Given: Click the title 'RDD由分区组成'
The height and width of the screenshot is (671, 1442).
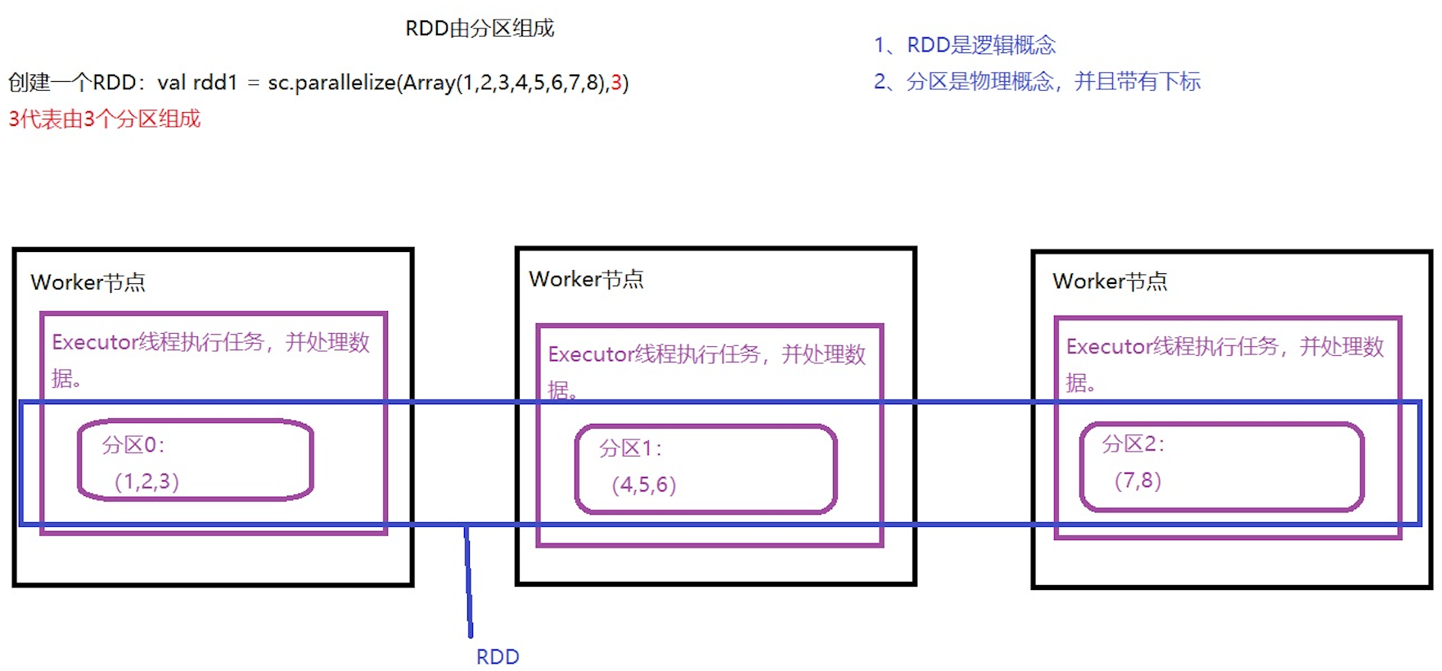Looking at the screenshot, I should pos(480,29).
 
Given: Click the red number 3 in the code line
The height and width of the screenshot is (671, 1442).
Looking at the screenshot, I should pos(616,83).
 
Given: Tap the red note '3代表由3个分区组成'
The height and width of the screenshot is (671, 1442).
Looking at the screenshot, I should pos(104,119).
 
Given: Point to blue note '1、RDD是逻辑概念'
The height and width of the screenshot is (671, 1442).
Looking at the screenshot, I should pos(964,45).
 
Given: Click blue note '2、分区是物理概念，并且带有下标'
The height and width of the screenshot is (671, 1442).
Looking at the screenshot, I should pos(1036,82).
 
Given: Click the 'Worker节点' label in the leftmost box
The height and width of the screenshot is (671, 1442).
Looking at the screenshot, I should pos(88,282).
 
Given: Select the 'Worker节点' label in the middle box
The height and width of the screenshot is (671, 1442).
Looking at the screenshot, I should pos(586,279).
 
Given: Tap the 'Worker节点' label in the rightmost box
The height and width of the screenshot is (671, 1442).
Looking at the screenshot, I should pos(1110,281).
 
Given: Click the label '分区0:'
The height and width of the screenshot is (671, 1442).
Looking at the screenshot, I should pos(133,445).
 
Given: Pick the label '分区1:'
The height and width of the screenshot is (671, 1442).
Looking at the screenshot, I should pos(630,448).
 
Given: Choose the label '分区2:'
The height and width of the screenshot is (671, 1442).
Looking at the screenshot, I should pos(1133,444).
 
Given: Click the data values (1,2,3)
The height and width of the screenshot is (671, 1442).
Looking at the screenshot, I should pos(146,481).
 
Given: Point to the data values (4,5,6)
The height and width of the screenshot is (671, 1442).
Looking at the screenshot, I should pos(644,485).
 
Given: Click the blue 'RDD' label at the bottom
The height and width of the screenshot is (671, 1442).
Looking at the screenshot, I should pos(498,657).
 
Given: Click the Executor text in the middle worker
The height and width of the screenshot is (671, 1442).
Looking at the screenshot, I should pos(705,355).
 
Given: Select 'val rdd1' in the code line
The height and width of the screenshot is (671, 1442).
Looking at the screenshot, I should pos(197,83).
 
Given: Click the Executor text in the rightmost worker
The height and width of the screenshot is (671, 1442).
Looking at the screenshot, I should pos(1223,348).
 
